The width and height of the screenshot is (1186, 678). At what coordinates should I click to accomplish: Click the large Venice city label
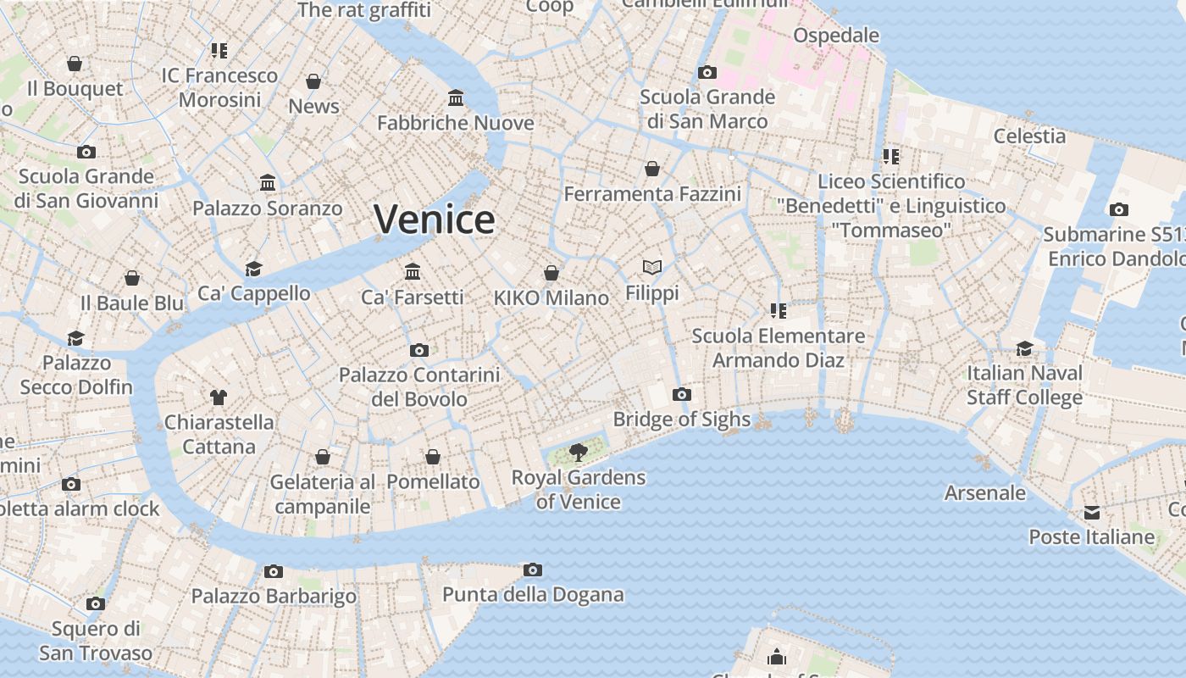435,220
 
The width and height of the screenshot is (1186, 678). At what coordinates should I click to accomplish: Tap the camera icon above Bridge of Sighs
681,394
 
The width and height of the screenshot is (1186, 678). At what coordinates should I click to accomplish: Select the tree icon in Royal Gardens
579,452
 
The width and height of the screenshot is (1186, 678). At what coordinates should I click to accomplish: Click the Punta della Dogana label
533,595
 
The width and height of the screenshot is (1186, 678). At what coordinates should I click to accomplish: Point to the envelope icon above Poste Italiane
1091,512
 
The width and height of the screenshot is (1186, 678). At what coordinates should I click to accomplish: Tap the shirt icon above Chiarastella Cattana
219,397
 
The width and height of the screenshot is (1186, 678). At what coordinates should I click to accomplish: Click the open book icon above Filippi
651,268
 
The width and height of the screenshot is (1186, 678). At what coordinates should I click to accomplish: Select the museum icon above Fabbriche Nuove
456,98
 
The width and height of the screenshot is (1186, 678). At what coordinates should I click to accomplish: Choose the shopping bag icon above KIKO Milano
551,273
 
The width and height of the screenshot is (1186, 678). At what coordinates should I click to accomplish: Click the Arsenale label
984,493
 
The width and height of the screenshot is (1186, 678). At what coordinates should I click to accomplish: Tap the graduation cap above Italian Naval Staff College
1024,348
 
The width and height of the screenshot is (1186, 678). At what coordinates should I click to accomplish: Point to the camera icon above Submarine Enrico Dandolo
1118,209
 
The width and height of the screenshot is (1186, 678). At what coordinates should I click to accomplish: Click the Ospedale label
835,36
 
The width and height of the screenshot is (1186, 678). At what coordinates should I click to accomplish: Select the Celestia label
1029,136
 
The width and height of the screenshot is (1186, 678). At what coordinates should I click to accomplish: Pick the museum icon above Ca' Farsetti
413,271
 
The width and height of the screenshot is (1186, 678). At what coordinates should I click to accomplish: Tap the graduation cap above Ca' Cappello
253,269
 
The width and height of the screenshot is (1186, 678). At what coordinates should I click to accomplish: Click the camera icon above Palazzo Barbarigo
273,571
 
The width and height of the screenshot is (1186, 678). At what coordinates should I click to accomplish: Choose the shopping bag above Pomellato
433,457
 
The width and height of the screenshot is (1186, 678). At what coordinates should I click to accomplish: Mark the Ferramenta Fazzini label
652,194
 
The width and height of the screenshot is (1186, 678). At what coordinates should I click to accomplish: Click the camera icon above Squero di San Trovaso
96,603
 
